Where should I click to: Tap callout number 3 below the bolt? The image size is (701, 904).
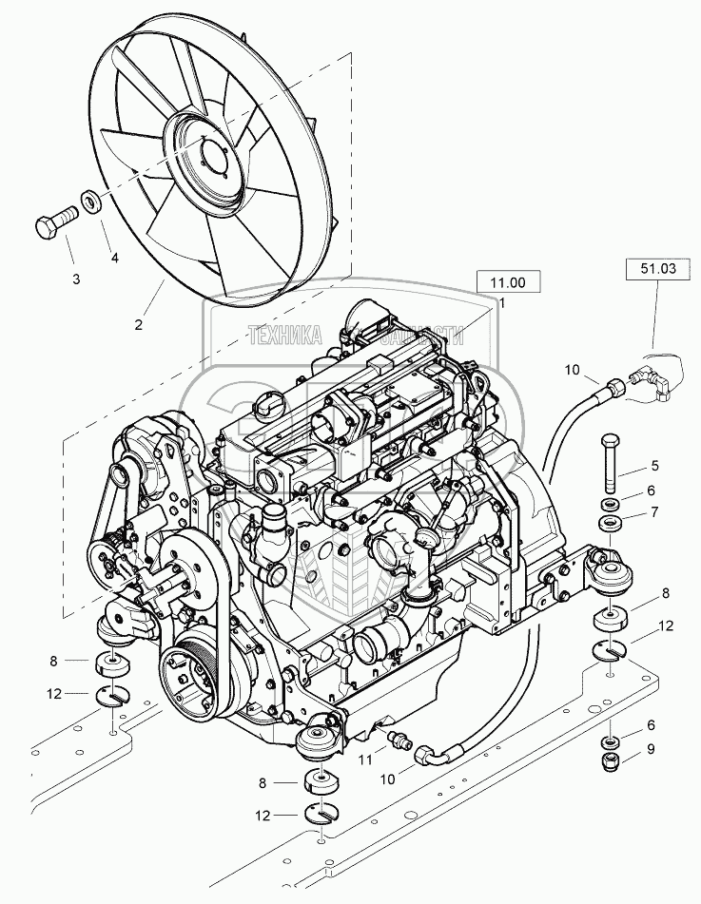[77, 279]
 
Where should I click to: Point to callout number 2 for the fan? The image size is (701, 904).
[139, 324]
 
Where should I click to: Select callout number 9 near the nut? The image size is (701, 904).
[651, 748]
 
